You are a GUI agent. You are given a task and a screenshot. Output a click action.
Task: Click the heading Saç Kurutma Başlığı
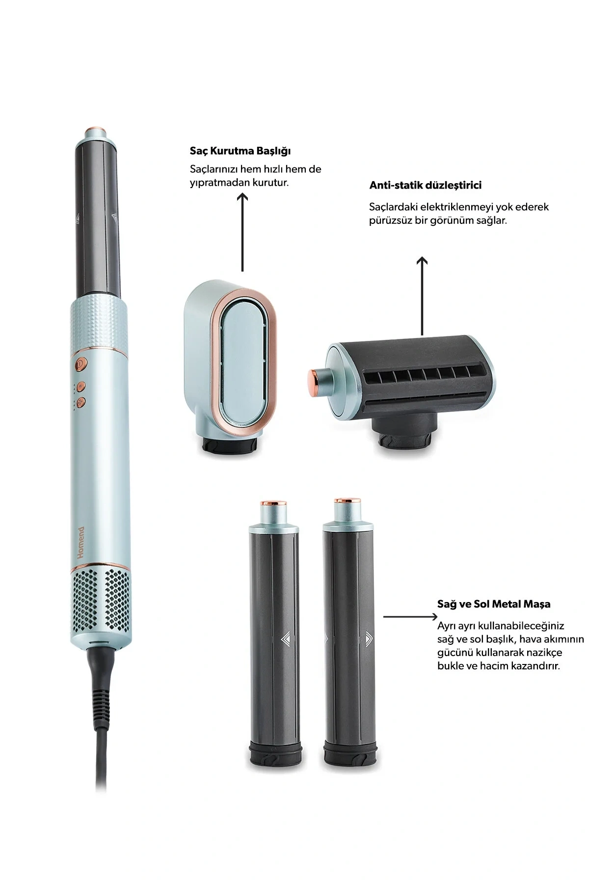pyautogui.click(x=240, y=151)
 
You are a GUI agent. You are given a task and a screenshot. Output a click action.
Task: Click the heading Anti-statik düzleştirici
pyautogui.click(x=425, y=185)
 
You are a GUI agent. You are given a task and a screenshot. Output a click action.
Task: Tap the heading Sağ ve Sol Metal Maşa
pyautogui.click(x=494, y=604)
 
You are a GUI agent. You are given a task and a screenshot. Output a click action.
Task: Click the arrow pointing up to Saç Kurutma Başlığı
pyautogui.click(x=242, y=232)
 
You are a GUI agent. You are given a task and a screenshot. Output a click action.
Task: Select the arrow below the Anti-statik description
pyautogui.click(x=422, y=296)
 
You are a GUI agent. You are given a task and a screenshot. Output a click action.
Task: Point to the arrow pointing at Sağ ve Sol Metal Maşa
pyautogui.click(x=409, y=617)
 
